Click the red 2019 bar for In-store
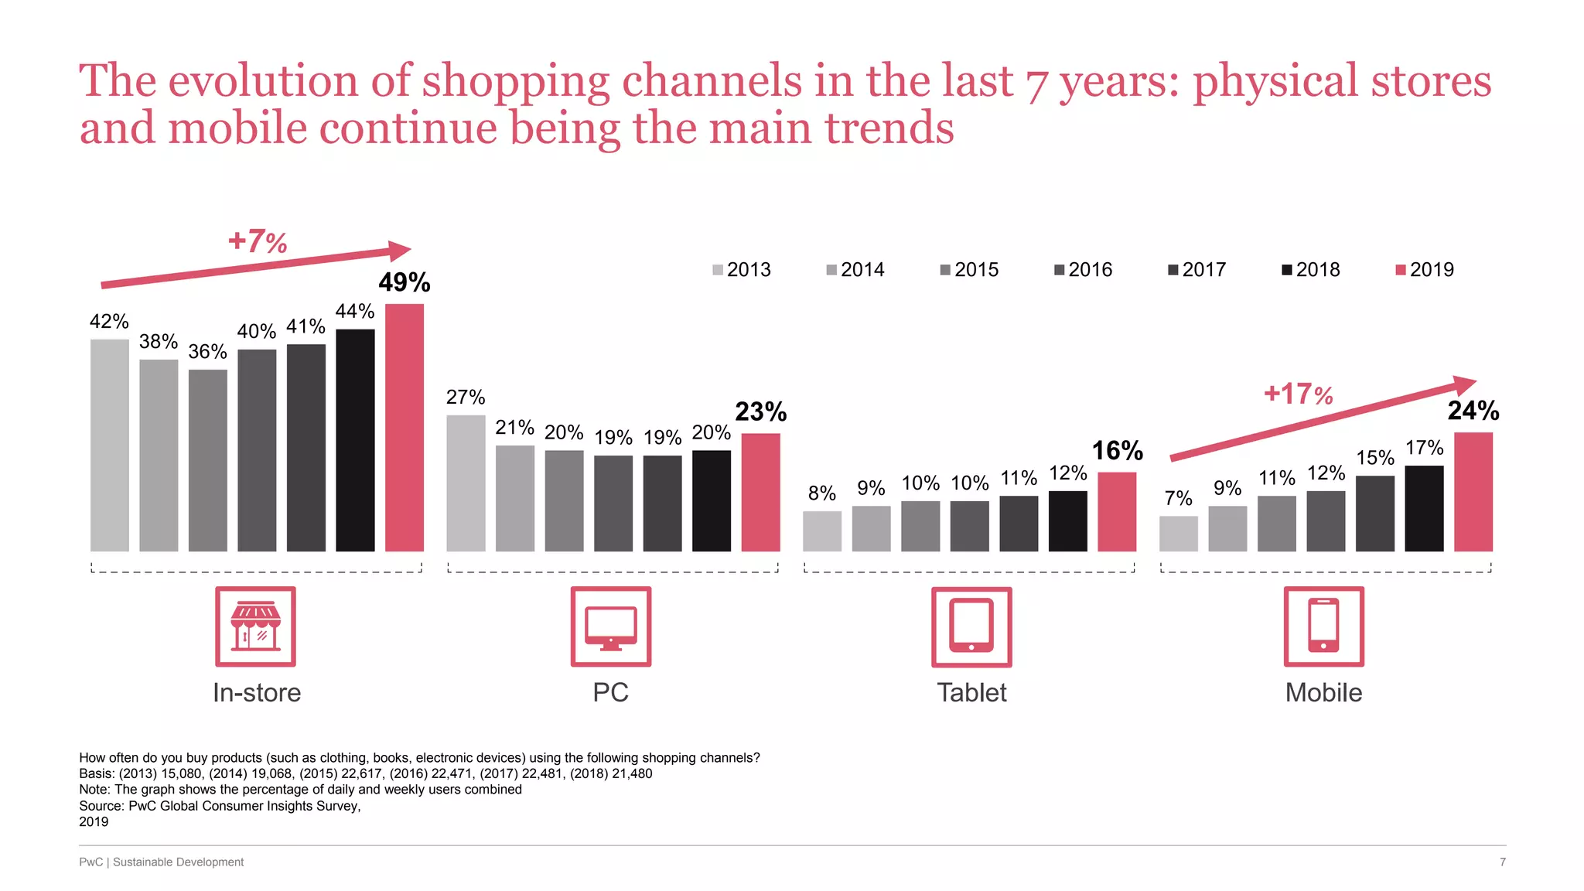(x=405, y=427)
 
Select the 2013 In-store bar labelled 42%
(x=110, y=445)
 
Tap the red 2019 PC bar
(x=760, y=492)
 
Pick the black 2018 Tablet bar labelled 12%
(x=1067, y=521)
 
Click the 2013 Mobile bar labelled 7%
(x=1178, y=534)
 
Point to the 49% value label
(x=405, y=282)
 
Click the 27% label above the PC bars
(x=466, y=398)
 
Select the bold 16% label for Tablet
(x=1117, y=450)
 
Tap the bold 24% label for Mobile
(x=1473, y=411)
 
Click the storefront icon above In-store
(x=256, y=626)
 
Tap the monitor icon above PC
(x=611, y=626)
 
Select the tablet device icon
(x=971, y=626)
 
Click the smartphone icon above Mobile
(x=1323, y=626)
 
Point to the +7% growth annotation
(x=258, y=241)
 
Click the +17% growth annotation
(x=1298, y=394)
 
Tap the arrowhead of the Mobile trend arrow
(x=1464, y=385)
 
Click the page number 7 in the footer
(x=1502, y=862)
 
